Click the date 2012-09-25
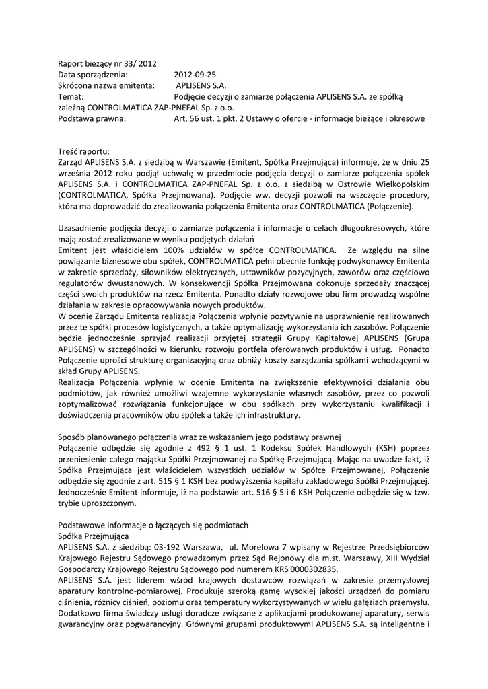coord(195,75)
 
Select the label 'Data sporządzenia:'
coord(92,75)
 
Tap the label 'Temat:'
coord(71,97)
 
